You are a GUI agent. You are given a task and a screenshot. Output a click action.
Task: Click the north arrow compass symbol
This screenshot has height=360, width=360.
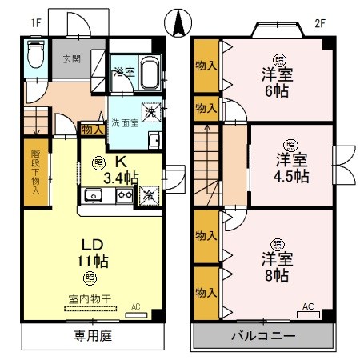[x=178, y=18]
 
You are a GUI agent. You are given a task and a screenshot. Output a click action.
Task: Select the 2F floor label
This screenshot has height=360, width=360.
[x=320, y=23]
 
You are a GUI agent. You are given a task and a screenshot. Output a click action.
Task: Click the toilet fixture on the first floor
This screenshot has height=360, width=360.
[x=35, y=56]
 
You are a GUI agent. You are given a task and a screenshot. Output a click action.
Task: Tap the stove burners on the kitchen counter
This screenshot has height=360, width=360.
[x=124, y=194]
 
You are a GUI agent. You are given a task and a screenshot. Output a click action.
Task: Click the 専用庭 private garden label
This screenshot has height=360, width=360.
[x=93, y=335]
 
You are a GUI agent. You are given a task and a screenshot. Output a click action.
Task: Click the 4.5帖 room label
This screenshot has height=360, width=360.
[x=290, y=168]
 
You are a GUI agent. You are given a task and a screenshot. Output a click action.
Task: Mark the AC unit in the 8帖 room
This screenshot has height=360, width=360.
[x=308, y=310]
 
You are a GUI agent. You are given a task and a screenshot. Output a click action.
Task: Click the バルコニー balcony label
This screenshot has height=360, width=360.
[x=263, y=336]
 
